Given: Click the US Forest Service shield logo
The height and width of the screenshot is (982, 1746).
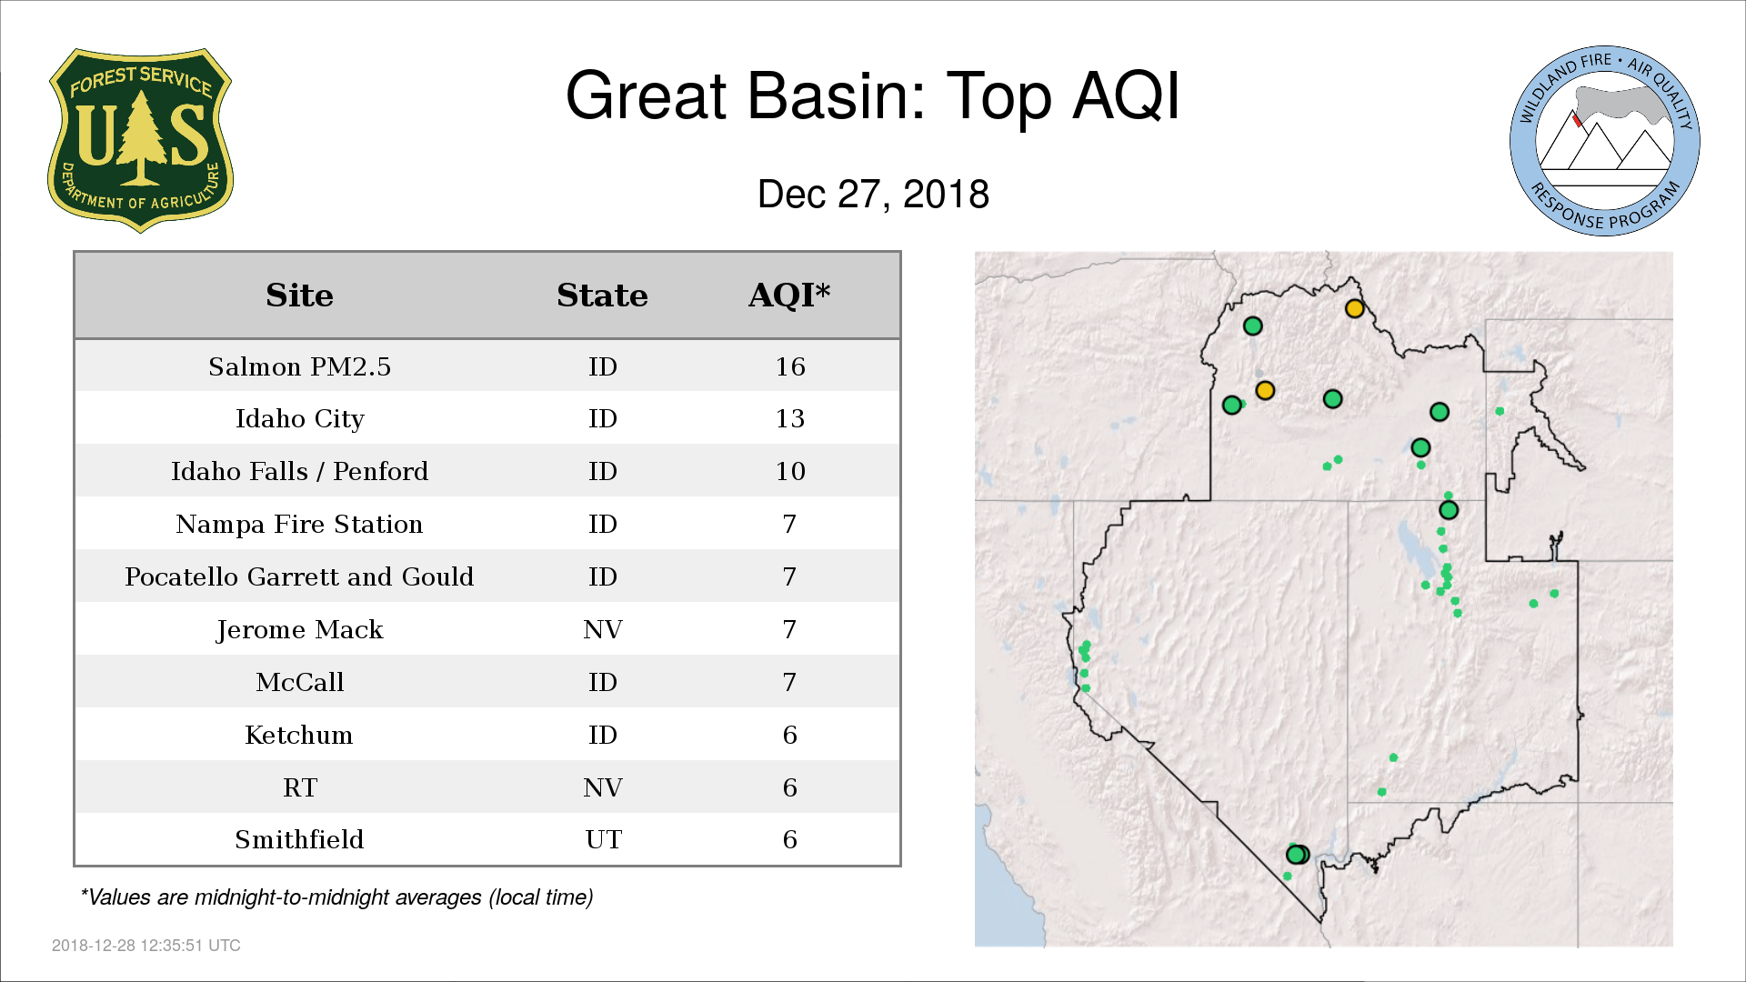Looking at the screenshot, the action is (x=140, y=141).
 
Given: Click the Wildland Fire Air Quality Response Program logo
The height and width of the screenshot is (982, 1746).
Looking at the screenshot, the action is (x=1605, y=141).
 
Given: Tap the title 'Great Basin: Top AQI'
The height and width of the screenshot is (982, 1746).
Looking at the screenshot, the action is (x=873, y=95).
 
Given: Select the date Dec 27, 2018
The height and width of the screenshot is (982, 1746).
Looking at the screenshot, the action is (x=873, y=195).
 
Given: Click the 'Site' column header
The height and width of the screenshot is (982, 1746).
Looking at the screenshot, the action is (x=299, y=296).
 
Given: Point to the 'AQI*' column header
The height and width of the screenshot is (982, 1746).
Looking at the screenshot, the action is (x=789, y=296).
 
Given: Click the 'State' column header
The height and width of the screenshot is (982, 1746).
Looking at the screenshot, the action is (x=602, y=296).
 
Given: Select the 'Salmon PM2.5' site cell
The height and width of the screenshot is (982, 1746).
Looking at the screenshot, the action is (x=299, y=366).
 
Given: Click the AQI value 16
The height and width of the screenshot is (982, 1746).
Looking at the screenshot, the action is (x=790, y=366).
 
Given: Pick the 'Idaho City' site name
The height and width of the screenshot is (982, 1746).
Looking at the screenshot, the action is (x=299, y=419).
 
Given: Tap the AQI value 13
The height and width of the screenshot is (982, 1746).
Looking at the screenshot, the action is (x=790, y=418).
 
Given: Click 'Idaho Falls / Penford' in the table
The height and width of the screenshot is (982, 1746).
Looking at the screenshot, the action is (x=299, y=471).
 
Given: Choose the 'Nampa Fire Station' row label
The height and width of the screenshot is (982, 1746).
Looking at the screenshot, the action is (x=299, y=524).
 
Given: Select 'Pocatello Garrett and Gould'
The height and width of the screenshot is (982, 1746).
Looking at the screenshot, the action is (x=299, y=576).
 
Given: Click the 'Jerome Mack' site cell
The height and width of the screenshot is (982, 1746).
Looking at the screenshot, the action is (x=299, y=630).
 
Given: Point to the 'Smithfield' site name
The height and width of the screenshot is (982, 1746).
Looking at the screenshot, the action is (x=299, y=839).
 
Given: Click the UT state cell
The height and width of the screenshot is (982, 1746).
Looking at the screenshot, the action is (x=603, y=839).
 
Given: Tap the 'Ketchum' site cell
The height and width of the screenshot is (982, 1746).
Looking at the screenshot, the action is (x=299, y=735).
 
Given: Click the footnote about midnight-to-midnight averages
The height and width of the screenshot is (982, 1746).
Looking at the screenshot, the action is (x=336, y=897).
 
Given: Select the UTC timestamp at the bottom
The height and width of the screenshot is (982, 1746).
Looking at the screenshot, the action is (x=146, y=946).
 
